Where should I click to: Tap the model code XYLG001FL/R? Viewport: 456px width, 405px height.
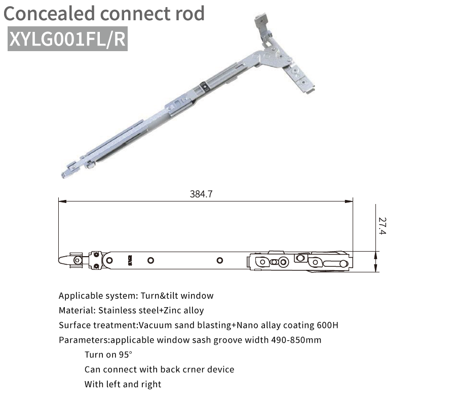67,38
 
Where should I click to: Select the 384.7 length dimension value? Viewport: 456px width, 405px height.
201,194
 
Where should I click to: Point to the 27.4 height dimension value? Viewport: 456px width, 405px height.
382,226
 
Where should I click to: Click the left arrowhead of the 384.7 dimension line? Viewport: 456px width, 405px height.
62,201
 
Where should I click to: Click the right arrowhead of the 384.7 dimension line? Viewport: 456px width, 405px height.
349,201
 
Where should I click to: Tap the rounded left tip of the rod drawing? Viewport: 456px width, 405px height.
60,260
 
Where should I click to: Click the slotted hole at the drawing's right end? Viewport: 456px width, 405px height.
335,264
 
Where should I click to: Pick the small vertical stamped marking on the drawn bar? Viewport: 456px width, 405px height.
130,260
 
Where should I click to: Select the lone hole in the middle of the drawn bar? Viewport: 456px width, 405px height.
220,260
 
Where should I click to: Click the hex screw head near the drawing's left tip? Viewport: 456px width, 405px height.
78,260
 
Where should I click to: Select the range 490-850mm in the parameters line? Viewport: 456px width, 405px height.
296,340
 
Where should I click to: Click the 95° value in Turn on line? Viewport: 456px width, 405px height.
126,355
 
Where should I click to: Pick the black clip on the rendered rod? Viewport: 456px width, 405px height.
205,86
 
